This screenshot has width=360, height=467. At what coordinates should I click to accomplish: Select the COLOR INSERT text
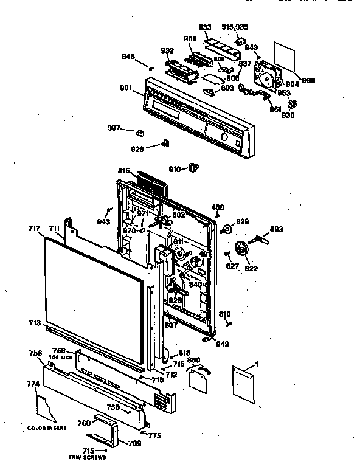46,428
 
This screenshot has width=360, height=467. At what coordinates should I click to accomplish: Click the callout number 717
34,229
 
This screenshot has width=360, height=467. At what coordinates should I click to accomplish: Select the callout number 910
174,168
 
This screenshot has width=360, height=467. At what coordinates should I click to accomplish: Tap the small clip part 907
141,133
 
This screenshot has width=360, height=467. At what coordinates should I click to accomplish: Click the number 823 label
276,229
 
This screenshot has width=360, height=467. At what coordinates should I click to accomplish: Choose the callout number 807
171,325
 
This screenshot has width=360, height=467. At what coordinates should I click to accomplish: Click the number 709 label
135,443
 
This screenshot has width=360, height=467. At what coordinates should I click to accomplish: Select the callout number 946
128,57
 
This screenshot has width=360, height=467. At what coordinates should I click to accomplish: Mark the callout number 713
35,324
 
